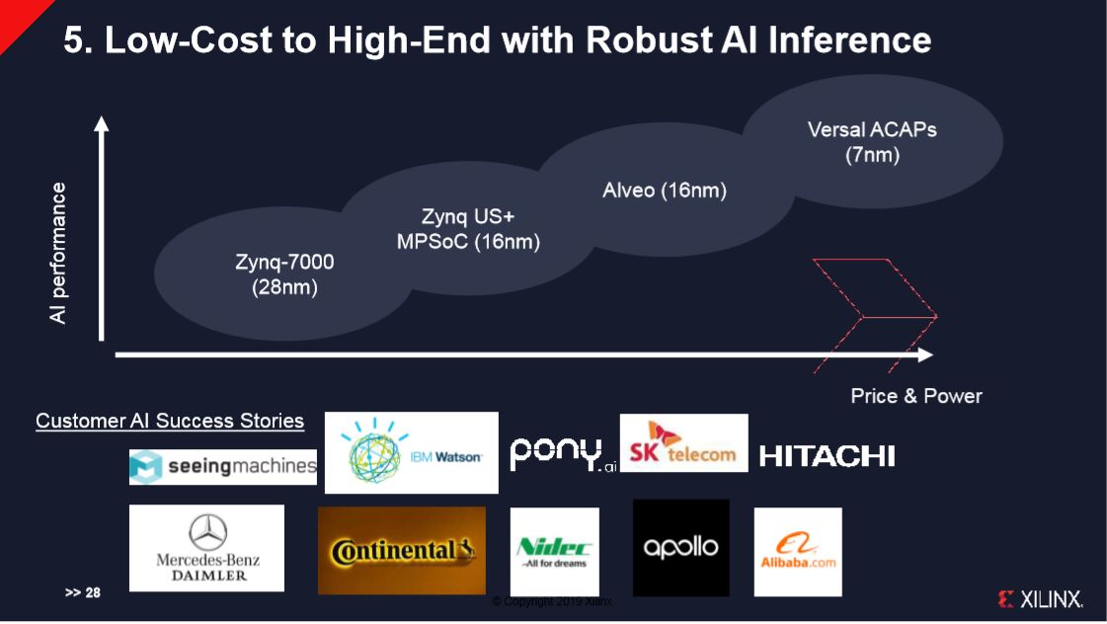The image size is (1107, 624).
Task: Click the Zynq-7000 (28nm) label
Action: click(x=284, y=274)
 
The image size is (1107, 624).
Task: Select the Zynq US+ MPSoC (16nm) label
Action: click(x=468, y=229)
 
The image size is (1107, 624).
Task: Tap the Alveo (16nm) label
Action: click(x=665, y=191)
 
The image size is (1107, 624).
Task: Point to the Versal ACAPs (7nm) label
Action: click(x=872, y=142)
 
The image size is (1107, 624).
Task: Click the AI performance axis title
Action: click(x=59, y=253)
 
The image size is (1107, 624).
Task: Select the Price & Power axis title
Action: click(x=916, y=396)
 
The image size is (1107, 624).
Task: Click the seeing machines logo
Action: click(x=223, y=467)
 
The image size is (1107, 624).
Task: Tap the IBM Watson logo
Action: click(x=411, y=453)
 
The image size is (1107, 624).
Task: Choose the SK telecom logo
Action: click(x=683, y=443)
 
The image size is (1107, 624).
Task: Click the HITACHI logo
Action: click(x=828, y=456)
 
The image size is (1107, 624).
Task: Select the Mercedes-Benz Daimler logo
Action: click(x=207, y=548)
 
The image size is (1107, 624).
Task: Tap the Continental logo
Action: click(x=402, y=551)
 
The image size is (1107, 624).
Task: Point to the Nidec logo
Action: click(x=554, y=551)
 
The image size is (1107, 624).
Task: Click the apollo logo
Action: click(x=680, y=547)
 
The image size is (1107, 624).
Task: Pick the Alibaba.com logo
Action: click(x=798, y=552)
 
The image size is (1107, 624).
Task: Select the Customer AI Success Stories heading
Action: click(x=170, y=421)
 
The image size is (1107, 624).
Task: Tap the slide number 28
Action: click(x=83, y=593)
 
